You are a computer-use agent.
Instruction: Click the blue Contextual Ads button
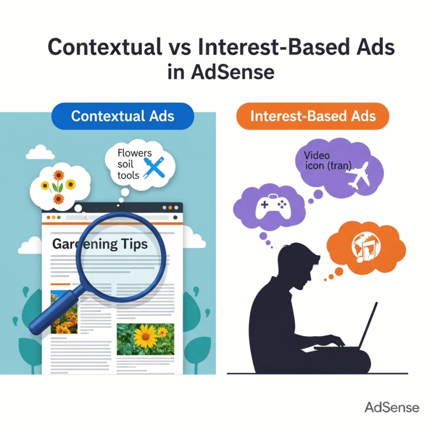(x=123, y=117)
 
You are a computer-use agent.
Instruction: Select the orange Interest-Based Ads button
(x=312, y=117)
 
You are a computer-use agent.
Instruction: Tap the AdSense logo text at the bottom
(x=392, y=407)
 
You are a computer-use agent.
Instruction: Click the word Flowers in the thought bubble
(x=133, y=152)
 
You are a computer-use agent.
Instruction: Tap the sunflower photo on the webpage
(x=145, y=339)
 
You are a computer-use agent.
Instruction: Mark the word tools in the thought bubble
(x=128, y=175)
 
